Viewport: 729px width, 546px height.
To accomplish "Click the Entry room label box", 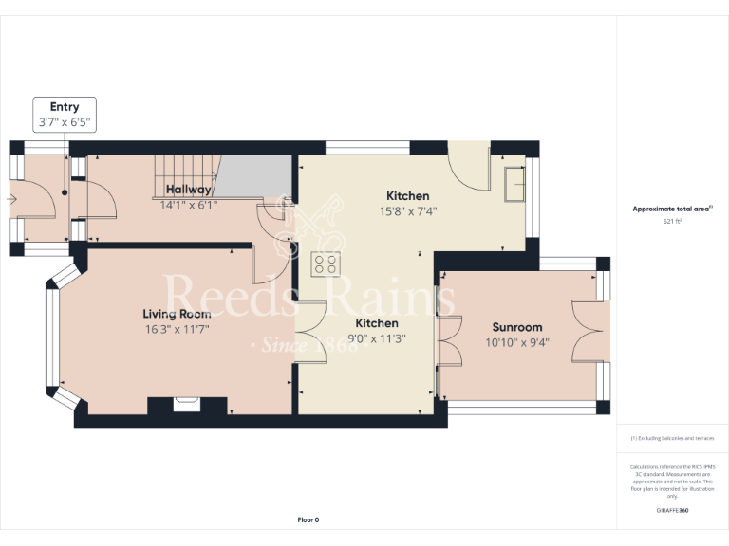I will (65, 115).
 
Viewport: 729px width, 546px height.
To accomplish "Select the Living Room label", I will (177, 314).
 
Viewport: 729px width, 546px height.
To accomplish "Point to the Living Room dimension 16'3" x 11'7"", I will (177, 329).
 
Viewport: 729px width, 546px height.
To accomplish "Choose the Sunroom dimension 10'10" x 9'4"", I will (516, 343).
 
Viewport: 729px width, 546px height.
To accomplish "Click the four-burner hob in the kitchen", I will (327, 264).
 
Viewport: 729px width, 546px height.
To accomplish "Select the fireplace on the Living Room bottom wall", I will (187, 406).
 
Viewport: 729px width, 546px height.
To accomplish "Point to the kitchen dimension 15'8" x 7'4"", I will (407, 211).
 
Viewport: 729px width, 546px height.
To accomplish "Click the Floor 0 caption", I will (308, 519).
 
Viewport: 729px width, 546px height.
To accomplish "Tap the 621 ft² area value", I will (672, 221).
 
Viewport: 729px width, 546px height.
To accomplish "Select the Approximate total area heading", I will (672, 209).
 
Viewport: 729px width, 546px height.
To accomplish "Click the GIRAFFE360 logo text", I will (672, 511).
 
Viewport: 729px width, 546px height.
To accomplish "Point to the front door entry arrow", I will (11, 199).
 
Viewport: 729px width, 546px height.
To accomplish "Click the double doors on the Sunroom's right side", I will (588, 329).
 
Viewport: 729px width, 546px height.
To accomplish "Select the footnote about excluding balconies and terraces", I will (672, 439).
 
